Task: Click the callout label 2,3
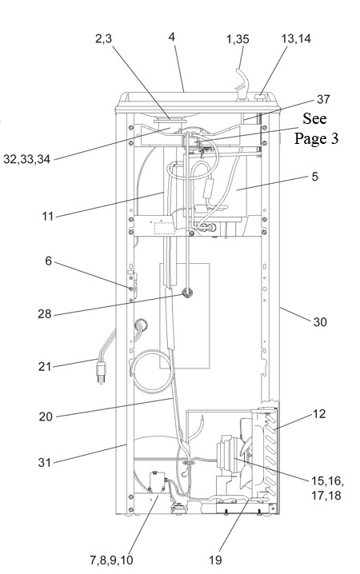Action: coord(104,38)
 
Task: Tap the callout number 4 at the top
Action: coord(172,37)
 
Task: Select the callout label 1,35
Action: coord(238,39)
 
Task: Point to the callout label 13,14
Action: coord(296,38)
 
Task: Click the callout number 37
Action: coord(323,99)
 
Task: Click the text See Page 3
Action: coord(317,129)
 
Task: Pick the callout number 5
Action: coord(315,177)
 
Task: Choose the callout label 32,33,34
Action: coord(26,160)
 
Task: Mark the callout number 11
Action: coord(48,217)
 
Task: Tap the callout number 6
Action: coord(48,261)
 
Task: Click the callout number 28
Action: coord(45,314)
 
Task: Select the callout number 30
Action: coord(320,322)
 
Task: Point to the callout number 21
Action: coord(45,366)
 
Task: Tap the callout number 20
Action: coord(46,417)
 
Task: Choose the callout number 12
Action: coord(319,413)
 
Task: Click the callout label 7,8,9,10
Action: coord(112,560)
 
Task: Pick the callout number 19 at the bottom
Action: coord(216,560)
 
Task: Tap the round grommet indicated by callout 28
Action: coord(187,293)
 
